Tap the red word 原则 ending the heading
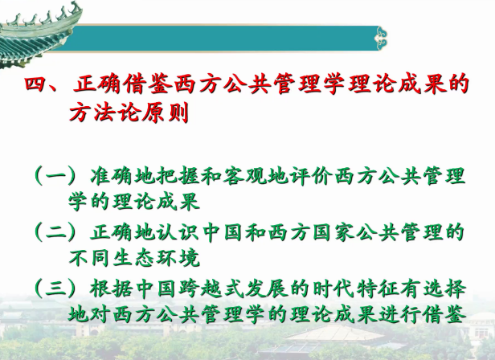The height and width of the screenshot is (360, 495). click(165, 112)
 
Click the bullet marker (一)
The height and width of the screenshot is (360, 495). click(55, 175)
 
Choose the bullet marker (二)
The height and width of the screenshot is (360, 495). click(55, 232)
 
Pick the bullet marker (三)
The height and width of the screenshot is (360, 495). click(55, 288)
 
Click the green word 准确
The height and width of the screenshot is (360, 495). click(112, 175)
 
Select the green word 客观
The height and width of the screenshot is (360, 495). click(244, 175)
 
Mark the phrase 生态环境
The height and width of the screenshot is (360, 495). click(156, 258)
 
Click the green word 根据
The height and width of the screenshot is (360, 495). click(112, 288)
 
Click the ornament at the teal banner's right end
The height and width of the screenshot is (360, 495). click(382, 39)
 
